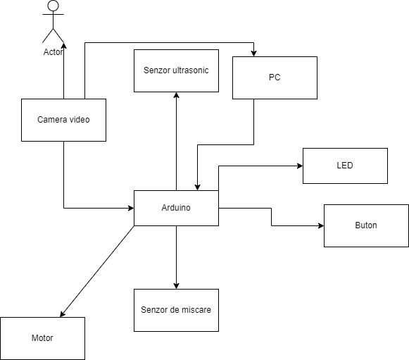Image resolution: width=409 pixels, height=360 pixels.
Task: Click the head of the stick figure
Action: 54,6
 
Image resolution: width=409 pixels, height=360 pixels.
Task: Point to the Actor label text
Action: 53,52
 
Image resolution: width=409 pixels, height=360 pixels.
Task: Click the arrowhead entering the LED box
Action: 300,166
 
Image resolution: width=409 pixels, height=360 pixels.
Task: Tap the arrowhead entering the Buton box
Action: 321,225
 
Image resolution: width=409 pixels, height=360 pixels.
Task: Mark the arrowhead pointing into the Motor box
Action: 63,314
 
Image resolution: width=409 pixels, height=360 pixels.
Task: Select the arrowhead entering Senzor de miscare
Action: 176,286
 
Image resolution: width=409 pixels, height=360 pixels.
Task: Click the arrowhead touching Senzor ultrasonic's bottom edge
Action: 176,95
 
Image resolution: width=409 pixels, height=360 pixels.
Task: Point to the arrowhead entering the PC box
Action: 253,54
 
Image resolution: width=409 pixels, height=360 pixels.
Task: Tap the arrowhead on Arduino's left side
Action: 131,208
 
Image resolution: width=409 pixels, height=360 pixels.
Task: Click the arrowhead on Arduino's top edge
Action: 197,187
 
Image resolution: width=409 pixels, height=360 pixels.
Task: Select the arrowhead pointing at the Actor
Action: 63,45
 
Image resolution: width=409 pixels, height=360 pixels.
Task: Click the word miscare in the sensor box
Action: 196,310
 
